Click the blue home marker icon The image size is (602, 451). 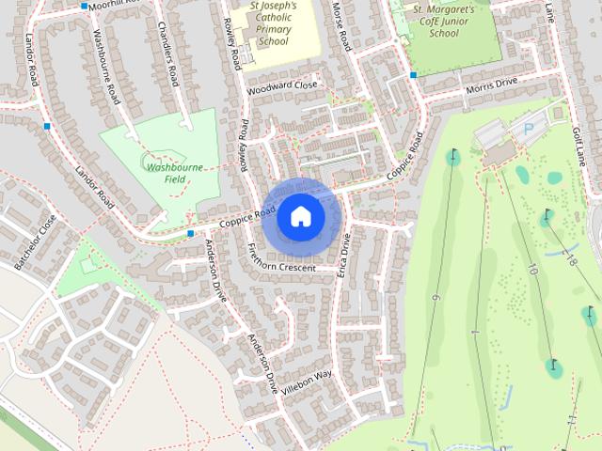(x=300, y=217)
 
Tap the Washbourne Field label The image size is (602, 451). (x=175, y=172)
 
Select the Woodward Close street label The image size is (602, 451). (x=282, y=86)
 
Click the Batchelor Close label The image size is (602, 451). (x=36, y=238)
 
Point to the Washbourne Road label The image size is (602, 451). (x=105, y=66)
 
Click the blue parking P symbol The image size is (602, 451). (x=527, y=128)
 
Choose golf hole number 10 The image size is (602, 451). (x=532, y=270)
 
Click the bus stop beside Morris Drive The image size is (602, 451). (x=413, y=75)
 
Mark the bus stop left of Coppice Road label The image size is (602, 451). (x=190, y=232)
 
